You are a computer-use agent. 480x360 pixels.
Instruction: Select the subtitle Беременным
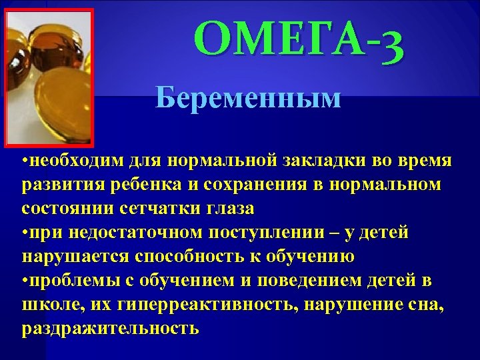pos(248,98)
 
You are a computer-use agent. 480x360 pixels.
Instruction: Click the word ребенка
pos(148,185)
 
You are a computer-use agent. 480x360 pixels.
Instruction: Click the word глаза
pos(224,209)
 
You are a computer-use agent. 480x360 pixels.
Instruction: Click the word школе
pos(47,305)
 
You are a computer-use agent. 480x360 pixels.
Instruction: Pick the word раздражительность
pos(110,328)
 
